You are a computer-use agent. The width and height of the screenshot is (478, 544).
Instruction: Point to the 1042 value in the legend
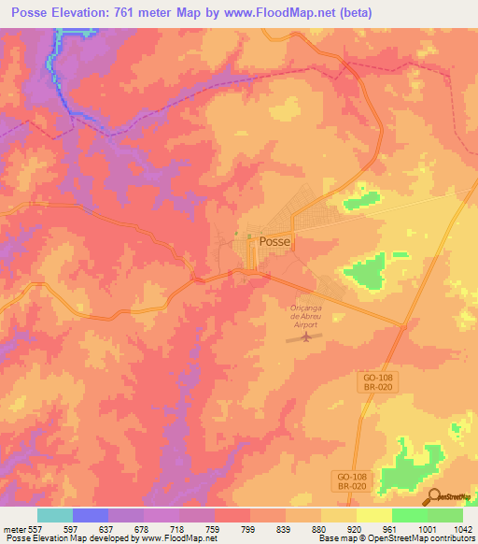pyautogui.click(x=462, y=528)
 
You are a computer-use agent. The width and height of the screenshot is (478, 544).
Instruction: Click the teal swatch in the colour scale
pyautogui.click(x=55, y=515)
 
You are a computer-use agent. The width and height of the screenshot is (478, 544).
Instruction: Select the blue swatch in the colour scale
pyautogui.click(x=91, y=515)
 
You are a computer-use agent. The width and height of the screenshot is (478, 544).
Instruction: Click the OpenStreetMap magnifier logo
pyautogui.click(x=435, y=498)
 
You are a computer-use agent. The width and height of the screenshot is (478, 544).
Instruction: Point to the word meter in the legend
pyautogui.click(x=13, y=528)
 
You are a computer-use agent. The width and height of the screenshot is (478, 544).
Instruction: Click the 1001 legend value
pyautogui.click(x=428, y=528)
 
